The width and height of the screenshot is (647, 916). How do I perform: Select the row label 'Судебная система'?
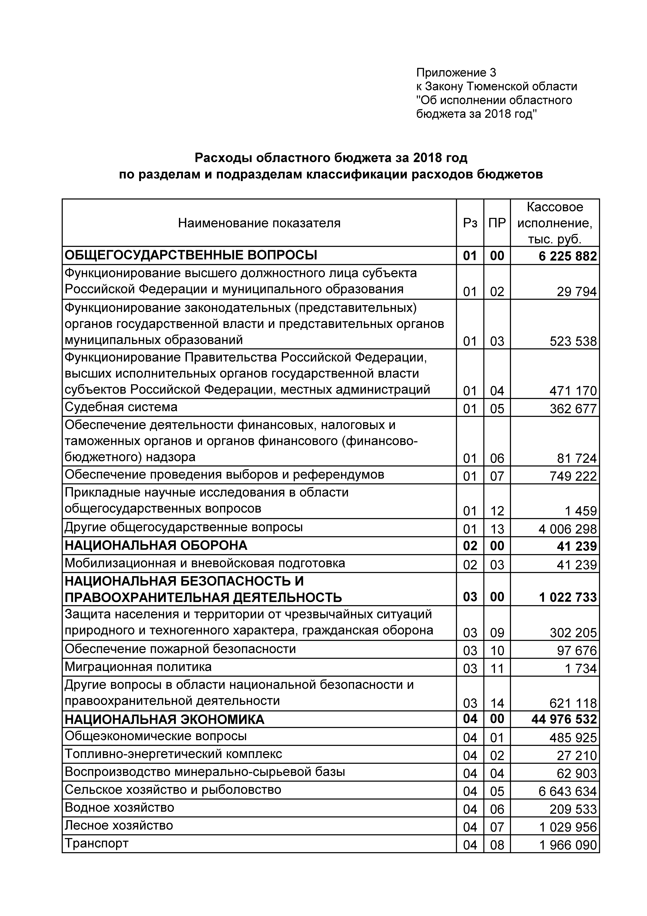click(121, 407)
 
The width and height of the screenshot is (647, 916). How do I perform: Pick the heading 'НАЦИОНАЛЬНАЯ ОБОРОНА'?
click(156, 545)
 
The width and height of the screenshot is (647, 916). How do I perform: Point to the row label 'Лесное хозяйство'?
click(119, 825)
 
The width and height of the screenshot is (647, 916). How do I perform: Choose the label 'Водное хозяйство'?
click(119, 807)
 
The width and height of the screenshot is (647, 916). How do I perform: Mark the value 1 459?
click(581, 511)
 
